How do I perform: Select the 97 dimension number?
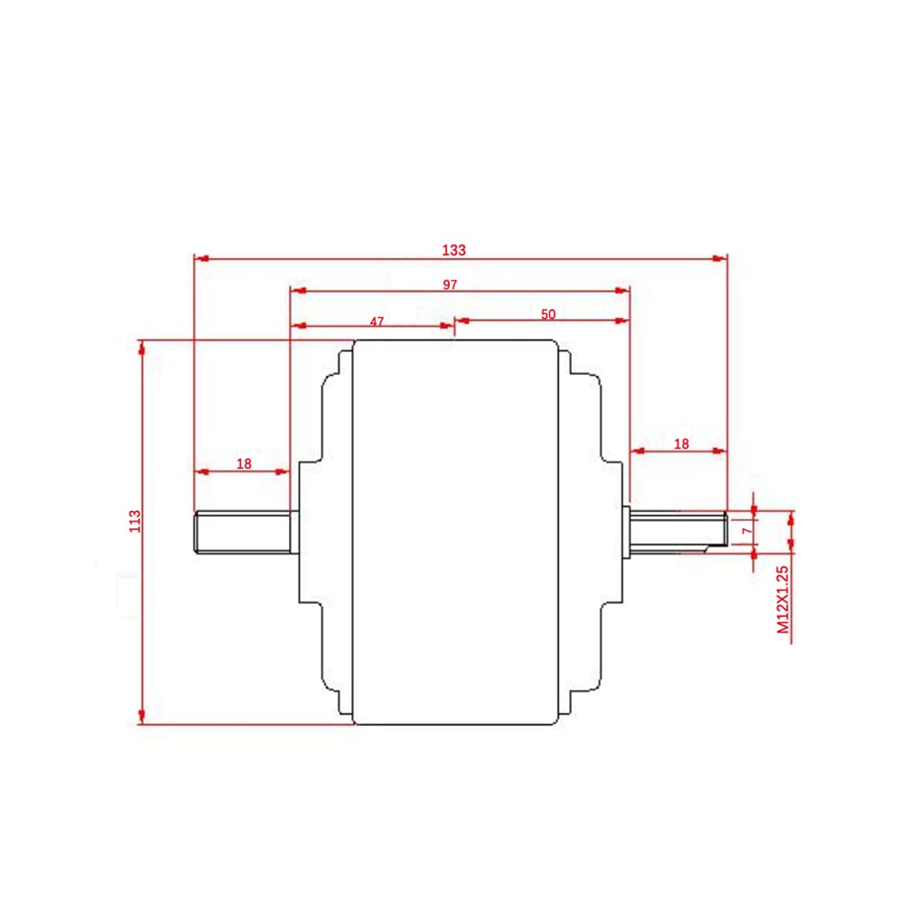[451, 284]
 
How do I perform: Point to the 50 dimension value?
[548, 314]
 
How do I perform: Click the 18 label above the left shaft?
[244, 463]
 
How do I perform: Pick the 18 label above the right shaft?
[682, 443]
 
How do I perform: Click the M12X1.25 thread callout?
[783, 600]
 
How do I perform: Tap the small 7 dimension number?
[746, 531]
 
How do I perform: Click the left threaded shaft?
[246, 531]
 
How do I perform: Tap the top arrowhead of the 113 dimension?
[141, 347]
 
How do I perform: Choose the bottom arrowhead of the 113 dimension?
[141, 718]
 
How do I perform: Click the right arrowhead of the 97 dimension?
[622, 291]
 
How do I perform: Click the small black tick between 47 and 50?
[455, 329]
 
